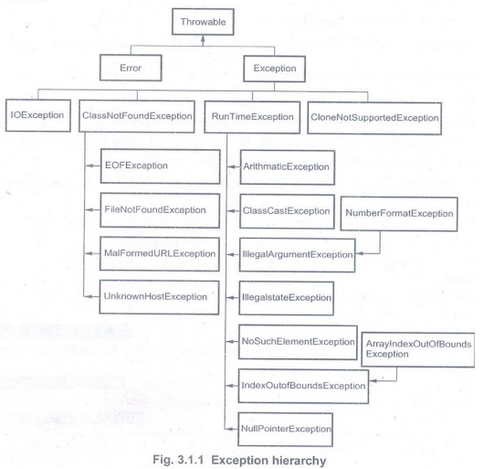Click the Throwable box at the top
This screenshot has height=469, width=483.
tap(203, 22)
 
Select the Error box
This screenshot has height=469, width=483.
tap(131, 68)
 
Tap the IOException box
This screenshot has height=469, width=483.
tap(37, 115)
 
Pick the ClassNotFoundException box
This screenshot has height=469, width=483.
tap(137, 116)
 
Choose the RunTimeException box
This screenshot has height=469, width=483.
tap(252, 117)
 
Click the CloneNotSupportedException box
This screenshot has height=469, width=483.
tap(374, 118)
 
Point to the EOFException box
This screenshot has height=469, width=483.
tap(160, 166)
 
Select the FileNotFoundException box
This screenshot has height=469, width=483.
tap(160, 210)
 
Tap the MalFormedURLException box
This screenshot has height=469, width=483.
tap(160, 254)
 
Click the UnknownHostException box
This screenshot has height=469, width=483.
tap(159, 297)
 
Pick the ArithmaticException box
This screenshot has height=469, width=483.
tap(288, 167)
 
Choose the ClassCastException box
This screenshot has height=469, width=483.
tap(287, 211)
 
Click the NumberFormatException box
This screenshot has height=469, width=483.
tap(399, 214)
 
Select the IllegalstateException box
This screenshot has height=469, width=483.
tap(286, 298)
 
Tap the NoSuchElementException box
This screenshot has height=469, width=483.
tap(298, 342)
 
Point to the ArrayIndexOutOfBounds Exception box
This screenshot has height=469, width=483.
tap(418, 349)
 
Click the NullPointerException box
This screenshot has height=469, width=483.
tap(285, 430)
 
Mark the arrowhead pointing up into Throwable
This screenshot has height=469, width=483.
tap(203, 38)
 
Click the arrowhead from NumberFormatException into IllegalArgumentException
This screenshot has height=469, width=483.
tap(360, 253)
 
